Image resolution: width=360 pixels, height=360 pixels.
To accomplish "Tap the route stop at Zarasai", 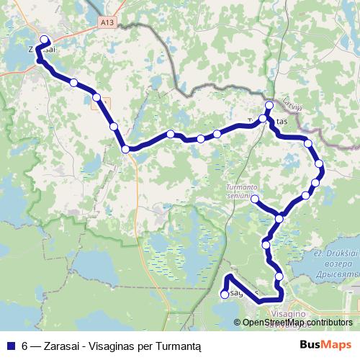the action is coord(44,40).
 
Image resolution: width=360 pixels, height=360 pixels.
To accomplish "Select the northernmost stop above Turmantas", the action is coord(269,106).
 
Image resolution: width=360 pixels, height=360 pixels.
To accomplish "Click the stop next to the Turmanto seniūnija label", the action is coord(254,198).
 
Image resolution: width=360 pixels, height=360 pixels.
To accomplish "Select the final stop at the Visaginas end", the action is coord(225,294).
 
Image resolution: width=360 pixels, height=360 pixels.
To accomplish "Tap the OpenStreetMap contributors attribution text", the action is coord(298,323).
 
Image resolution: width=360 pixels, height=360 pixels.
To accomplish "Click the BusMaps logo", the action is coord(325,344).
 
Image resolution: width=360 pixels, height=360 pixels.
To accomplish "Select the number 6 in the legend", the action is coord(24,345).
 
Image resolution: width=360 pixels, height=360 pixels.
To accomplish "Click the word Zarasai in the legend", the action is coord(62,345).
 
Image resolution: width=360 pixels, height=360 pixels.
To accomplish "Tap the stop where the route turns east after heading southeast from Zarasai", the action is coord(126,149).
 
